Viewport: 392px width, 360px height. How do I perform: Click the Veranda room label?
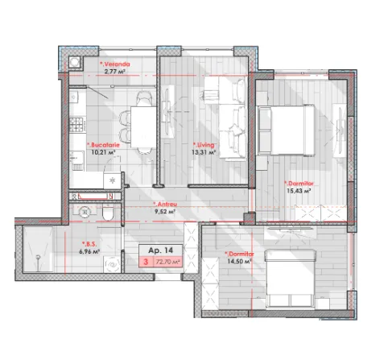(x=115, y=64)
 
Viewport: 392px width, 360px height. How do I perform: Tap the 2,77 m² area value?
(x=115, y=72)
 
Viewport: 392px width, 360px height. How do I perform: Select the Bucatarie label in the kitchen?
(x=103, y=145)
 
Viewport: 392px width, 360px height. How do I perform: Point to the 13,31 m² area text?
(x=204, y=152)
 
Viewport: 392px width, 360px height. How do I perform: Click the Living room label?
(x=204, y=145)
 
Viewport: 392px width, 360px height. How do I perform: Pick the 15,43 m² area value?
(x=299, y=191)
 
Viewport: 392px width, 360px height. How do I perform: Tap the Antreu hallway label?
(x=165, y=204)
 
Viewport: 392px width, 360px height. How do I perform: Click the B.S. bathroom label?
(x=89, y=244)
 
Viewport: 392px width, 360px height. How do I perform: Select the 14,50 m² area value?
(x=239, y=261)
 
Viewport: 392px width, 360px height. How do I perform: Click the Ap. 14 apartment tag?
(x=161, y=250)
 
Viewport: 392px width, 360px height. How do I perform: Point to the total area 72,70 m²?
(x=167, y=262)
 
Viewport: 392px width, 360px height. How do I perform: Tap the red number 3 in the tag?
(x=146, y=262)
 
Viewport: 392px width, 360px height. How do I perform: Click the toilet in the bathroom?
(x=108, y=212)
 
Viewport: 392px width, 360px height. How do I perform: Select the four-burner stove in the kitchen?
(x=78, y=125)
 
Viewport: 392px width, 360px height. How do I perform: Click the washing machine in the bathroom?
(x=112, y=265)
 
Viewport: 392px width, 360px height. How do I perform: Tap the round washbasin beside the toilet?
(x=85, y=212)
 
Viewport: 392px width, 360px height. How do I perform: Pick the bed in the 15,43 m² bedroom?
(x=287, y=130)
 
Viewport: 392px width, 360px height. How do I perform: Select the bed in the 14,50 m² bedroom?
(x=290, y=279)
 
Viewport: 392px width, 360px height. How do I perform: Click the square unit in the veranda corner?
(x=75, y=62)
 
